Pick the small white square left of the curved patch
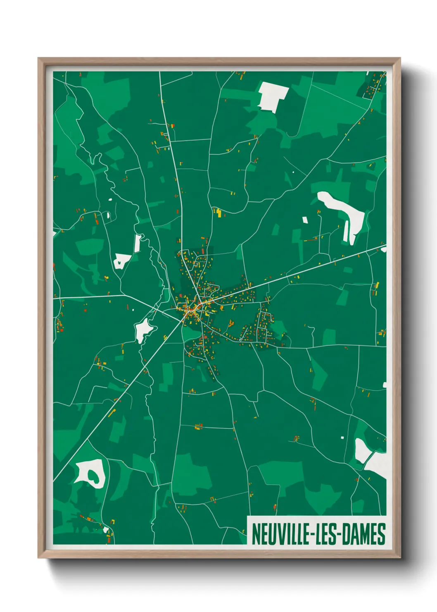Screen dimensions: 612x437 point(305,220)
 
